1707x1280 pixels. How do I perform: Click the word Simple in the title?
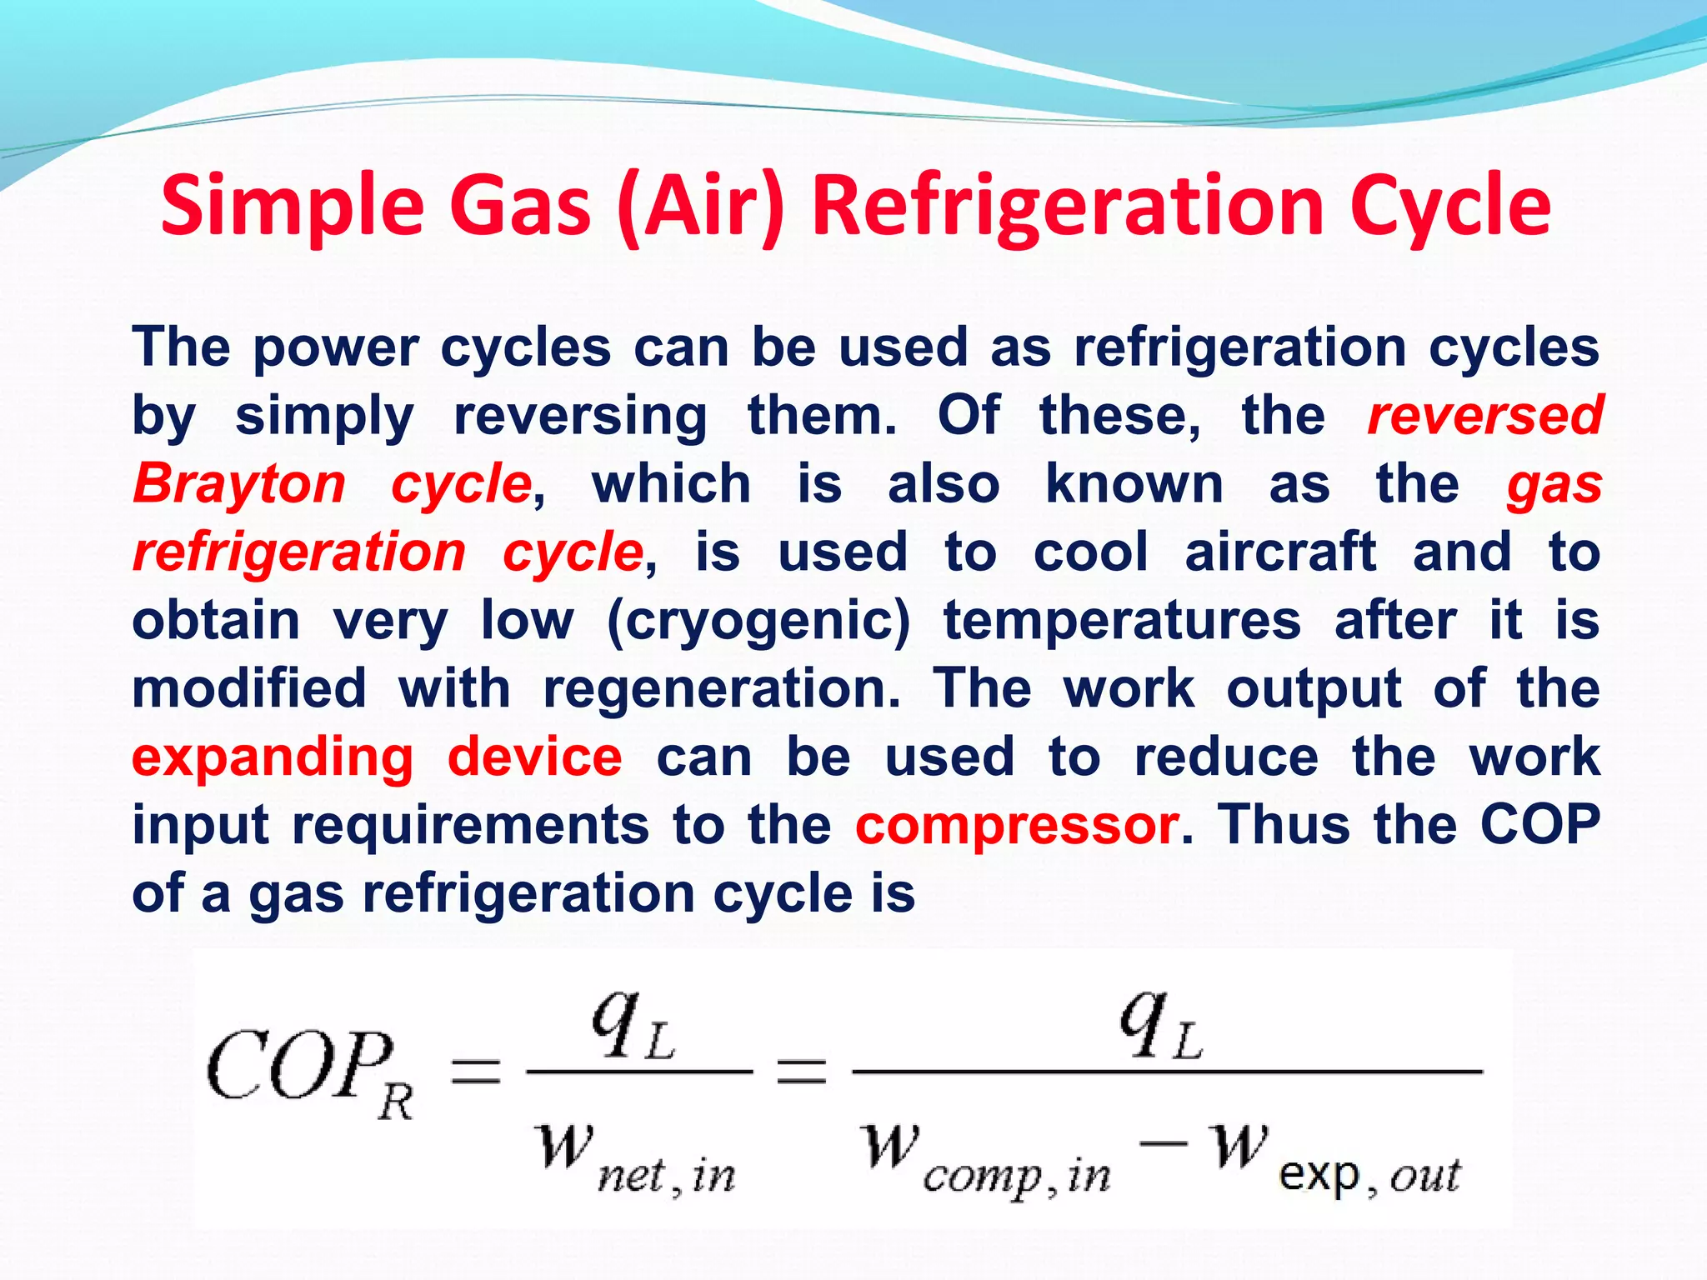pos(293,206)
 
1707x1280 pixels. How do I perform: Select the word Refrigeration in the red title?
pos(1068,206)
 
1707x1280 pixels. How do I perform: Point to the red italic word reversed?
pos(1484,415)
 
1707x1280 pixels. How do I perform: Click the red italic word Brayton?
pos(239,483)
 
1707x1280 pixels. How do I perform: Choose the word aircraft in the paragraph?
pos(1280,552)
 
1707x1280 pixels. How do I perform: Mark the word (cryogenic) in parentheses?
pos(758,621)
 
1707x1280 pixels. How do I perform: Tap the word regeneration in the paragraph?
pos(722,689)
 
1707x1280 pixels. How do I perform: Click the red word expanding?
pos(273,757)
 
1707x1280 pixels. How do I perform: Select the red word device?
pos(535,757)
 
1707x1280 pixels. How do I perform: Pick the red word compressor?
pos(1017,826)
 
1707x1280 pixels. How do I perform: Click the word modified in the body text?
pos(249,689)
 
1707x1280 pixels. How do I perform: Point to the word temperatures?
pos(1122,621)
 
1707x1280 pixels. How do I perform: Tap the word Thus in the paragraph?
pos(1284,825)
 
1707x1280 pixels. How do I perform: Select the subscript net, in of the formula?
pos(667,1176)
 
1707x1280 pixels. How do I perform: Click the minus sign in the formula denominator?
pos(1164,1142)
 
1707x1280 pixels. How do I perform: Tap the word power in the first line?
pos(336,347)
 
